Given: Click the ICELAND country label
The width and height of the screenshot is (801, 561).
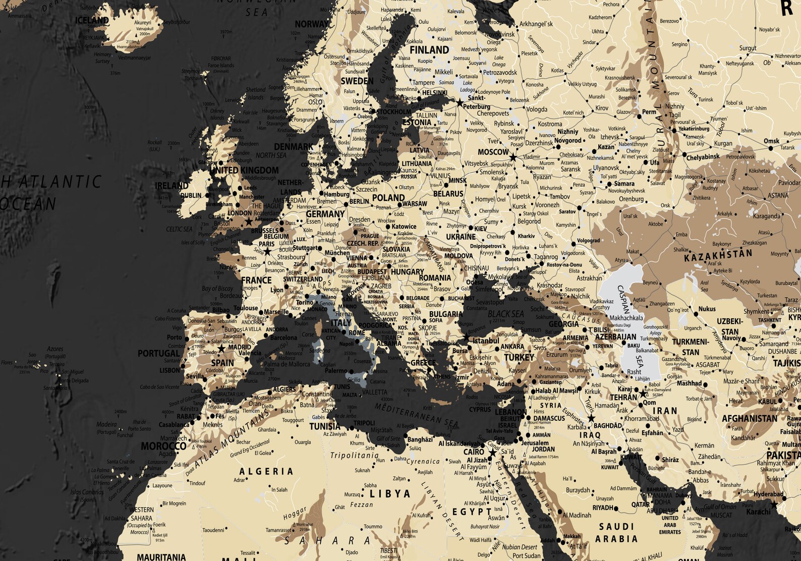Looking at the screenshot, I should (x=92, y=21).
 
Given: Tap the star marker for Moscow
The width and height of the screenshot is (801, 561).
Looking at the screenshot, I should (x=513, y=158).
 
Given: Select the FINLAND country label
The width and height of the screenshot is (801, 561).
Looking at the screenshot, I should (x=429, y=50).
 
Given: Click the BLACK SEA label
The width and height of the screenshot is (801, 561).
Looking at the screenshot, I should (x=506, y=314).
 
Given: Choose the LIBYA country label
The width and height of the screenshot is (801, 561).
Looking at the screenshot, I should (x=390, y=494).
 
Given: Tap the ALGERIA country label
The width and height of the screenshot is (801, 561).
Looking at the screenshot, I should (x=266, y=472).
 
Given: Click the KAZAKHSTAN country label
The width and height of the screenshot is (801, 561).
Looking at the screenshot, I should (x=718, y=255).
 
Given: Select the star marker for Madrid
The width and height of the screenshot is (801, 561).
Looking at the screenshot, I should (x=221, y=349).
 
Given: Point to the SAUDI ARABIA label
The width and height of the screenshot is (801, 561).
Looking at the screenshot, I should (x=616, y=533).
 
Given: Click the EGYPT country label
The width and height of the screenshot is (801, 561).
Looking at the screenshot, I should (x=472, y=512).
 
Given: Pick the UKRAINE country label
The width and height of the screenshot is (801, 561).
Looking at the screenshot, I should (x=461, y=237).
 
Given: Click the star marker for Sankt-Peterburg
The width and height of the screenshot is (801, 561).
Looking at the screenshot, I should (x=460, y=102).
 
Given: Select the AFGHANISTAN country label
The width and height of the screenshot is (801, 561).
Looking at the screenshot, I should (x=749, y=418).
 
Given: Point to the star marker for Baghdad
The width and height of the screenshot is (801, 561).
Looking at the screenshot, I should (x=591, y=418).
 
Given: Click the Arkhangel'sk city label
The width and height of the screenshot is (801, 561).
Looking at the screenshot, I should (x=536, y=24).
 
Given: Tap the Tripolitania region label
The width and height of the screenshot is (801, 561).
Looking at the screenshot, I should (x=354, y=456).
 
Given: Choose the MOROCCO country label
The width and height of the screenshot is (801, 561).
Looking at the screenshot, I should (x=163, y=446).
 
